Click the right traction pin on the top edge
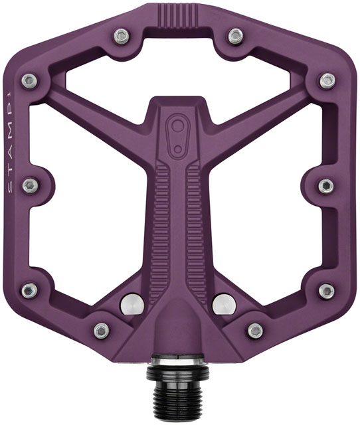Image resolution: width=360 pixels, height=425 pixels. coord(234,35)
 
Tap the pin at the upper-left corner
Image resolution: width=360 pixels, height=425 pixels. coord(30,81)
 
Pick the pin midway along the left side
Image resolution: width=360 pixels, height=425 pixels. coord(29,186)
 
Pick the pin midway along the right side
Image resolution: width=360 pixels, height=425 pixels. coord(325,186)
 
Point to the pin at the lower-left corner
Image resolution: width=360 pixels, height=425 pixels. coord(29,291)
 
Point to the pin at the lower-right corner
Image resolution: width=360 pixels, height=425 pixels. coord(325,291)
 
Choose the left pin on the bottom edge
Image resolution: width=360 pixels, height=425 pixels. coord(102,329)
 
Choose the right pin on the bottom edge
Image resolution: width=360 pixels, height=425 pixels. coord(255,329)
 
